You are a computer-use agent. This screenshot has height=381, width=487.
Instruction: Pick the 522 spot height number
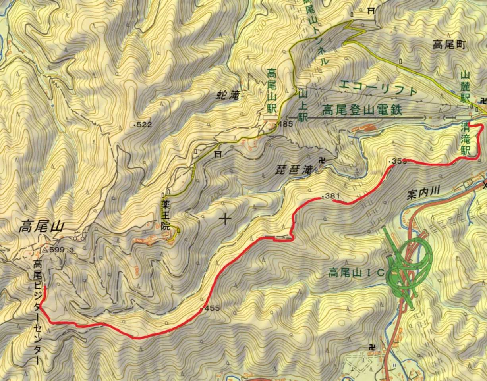pos(144,125)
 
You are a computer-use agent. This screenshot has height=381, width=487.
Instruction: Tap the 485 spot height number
pos(285,124)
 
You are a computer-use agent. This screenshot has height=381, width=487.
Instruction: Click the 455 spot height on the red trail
pos(212,308)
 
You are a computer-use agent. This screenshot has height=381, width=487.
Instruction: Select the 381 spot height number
pos(332,196)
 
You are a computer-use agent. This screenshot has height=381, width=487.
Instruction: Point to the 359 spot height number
pos(399,161)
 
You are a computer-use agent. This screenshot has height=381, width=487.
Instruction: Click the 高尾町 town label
pos(449,45)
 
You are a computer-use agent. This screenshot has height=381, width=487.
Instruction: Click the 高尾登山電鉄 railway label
pos(362,110)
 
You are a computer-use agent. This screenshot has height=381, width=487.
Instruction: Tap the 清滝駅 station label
pos(466,139)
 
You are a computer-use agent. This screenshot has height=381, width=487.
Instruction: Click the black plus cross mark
pos(225,219)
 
